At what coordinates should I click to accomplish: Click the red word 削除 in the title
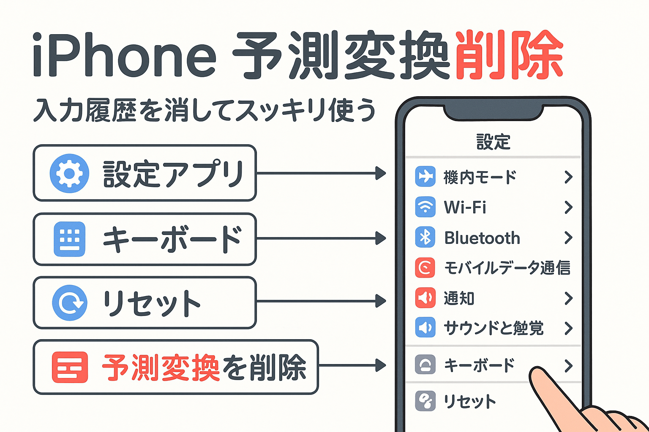coord(509,55)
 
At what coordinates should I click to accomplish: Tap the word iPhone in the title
coord(125,55)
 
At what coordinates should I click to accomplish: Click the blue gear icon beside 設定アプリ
coord(69,173)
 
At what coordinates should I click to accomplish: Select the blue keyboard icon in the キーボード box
coord(70,239)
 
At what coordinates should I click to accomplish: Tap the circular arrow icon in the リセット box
coord(70,302)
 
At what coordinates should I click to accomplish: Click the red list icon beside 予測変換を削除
coord(70,367)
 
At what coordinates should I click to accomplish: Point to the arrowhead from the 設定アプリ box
coord(380,173)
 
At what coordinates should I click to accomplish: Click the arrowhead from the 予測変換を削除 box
coord(380,365)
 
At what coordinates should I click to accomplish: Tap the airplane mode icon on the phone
coord(425,176)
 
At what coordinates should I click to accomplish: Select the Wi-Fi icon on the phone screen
coord(425,207)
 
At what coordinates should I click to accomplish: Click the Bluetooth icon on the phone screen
coord(425,237)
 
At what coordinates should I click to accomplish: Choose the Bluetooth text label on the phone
coord(482,238)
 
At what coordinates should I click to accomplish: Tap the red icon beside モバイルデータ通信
coord(425,267)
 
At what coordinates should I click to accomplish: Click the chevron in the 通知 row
coord(568,298)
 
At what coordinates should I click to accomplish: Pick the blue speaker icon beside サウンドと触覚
coord(425,327)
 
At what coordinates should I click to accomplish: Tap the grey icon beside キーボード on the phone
coord(425,364)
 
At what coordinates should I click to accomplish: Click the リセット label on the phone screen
coord(469,401)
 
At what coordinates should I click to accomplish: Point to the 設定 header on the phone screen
coord(493,142)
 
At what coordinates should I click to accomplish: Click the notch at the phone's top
coord(494,113)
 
